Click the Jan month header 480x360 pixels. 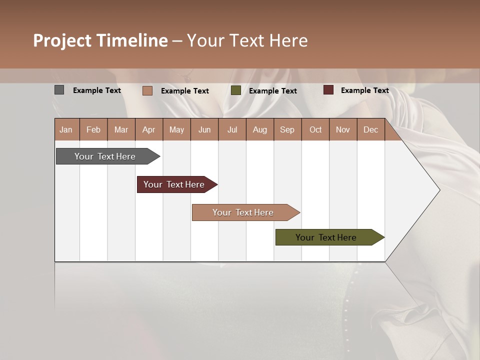pos(66,129)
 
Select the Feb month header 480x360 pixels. pos(93,129)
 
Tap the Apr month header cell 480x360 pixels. pos(149,129)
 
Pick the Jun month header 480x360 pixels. pos(204,129)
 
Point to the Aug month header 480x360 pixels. pos(260,129)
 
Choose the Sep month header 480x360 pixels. pos(287,129)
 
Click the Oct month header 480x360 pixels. pos(315,129)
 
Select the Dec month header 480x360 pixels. pos(371,129)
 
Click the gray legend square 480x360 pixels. pos(59,90)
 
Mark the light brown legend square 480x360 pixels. pos(147,90)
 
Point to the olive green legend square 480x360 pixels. pos(236,90)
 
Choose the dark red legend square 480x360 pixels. pos(328,90)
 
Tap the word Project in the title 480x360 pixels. pos(62,40)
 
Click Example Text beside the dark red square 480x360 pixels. pos(364,90)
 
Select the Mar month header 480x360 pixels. pos(121,129)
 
